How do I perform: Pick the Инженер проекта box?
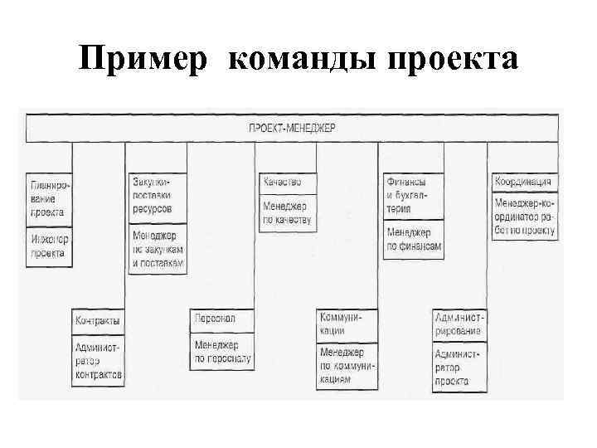(x=49, y=246)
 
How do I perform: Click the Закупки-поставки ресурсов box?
(x=157, y=197)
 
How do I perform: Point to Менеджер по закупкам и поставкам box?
(x=157, y=248)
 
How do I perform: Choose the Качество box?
(x=286, y=182)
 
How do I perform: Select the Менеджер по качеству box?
(x=286, y=212)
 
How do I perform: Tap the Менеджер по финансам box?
(x=412, y=240)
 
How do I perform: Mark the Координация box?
(x=524, y=182)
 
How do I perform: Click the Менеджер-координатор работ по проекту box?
(x=524, y=217)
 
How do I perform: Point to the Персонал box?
(x=221, y=319)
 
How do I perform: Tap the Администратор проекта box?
(x=459, y=368)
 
